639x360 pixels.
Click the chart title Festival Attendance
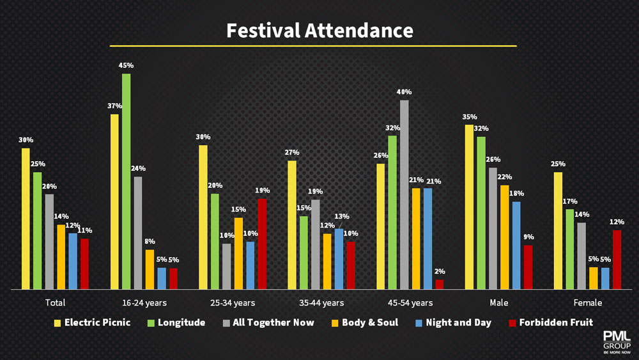point(319,30)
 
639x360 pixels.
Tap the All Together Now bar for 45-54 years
point(404,194)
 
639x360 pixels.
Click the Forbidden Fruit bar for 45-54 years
point(439,285)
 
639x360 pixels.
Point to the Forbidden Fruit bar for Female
point(617,260)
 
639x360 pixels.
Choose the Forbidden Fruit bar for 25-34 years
point(261,244)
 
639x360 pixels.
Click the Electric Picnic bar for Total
point(26,219)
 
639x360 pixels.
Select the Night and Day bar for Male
point(516,246)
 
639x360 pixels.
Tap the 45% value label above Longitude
point(126,65)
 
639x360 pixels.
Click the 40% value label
point(404,91)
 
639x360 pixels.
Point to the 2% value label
point(439,271)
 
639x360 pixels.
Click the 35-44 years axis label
point(321,303)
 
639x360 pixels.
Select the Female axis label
point(587,303)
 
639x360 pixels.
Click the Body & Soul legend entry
point(364,323)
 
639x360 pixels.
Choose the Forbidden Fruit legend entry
point(550,323)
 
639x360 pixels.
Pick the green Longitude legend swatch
point(151,323)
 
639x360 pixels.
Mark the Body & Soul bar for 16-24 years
point(149,269)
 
